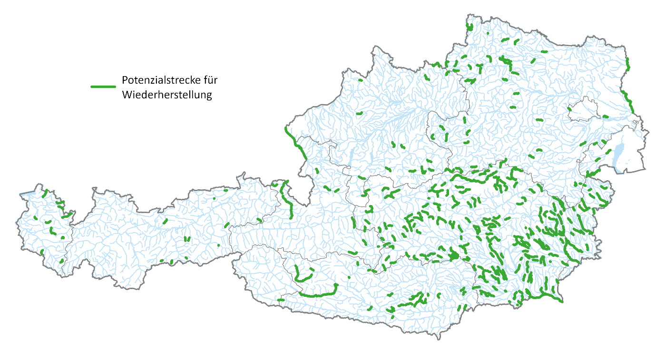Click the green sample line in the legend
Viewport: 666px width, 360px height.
[x=103, y=87]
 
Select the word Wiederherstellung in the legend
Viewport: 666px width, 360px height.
[x=166, y=95]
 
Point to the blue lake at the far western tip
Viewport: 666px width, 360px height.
[x=26, y=194]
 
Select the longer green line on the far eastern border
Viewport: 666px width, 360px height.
[x=628, y=101]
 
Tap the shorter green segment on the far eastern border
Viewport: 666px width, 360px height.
[x=628, y=64]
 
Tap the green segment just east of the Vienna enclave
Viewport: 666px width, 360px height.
[x=606, y=116]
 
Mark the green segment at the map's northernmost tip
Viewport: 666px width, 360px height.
[x=470, y=27]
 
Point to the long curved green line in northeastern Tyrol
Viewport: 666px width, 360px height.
[x=287, y=197]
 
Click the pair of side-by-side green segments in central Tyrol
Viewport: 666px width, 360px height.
[x=187, y=239]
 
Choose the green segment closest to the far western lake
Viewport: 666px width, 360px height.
[x=45, y=195]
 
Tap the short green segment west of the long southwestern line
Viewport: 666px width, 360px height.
[x=281, y=300]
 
